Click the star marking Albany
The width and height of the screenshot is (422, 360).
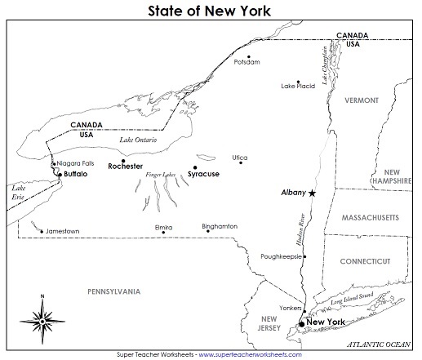(311, 193)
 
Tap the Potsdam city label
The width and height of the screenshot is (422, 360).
(247, 62)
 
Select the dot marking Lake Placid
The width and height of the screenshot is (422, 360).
(299, 81)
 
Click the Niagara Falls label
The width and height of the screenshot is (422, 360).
(76, 163)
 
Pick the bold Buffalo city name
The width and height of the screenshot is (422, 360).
(75, 174)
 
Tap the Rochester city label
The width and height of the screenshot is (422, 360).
(126, 167)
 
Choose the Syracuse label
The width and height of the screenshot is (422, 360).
(203, 174)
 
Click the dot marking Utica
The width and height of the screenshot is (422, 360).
(240, 162)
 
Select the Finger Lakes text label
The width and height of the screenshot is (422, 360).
(161, 175)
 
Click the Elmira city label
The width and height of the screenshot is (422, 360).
(163, 226)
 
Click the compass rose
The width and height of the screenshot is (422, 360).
(42, 321)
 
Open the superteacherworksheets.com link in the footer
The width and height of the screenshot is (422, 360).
(250, 355)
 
